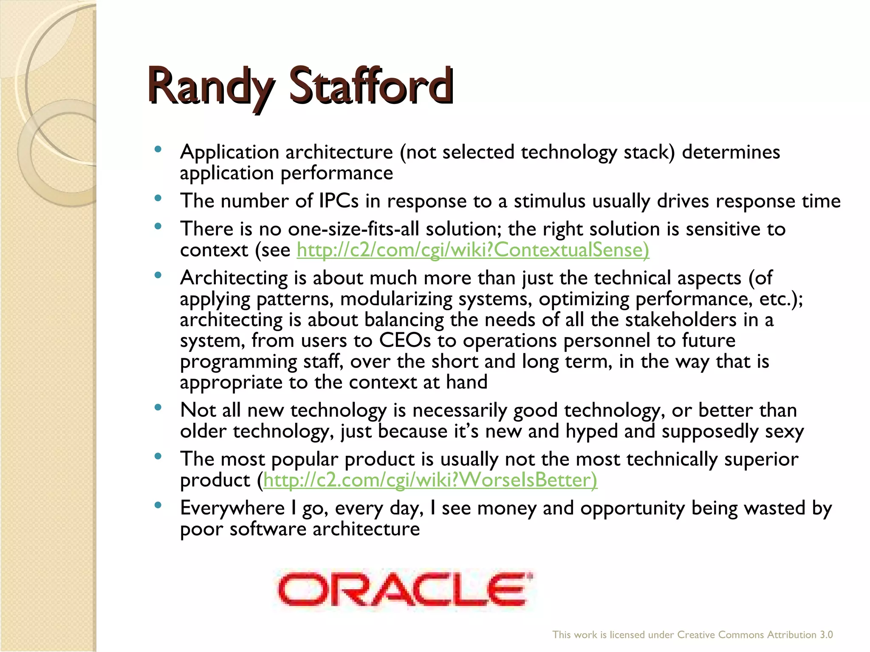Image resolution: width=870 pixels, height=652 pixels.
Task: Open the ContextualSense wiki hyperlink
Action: (473, 250)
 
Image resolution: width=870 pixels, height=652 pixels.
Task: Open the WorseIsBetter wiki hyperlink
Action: (430, 481)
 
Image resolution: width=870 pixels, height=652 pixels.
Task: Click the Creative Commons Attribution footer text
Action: (692, 635)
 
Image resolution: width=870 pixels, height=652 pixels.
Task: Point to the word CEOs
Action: (404, 340)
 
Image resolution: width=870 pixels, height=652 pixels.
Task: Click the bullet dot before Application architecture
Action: (158, 149)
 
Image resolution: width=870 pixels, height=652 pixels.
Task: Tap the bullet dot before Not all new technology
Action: (158, 407)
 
